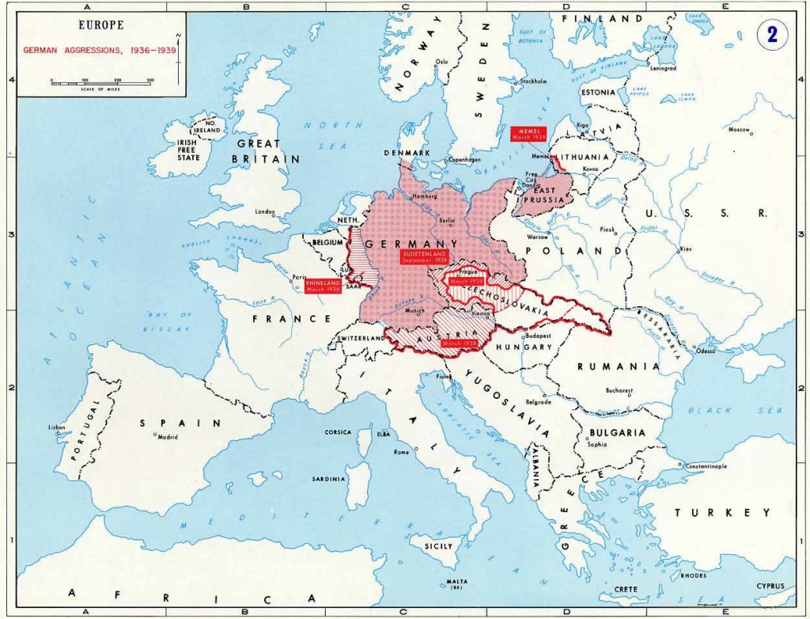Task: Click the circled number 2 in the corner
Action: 771,36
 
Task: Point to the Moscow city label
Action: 738,129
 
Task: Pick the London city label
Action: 265,212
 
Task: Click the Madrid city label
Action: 167,437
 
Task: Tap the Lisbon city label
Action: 57,427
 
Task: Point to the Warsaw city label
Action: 538,236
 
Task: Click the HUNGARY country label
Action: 524,347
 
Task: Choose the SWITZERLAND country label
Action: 359,338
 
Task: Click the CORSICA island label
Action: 338,432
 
